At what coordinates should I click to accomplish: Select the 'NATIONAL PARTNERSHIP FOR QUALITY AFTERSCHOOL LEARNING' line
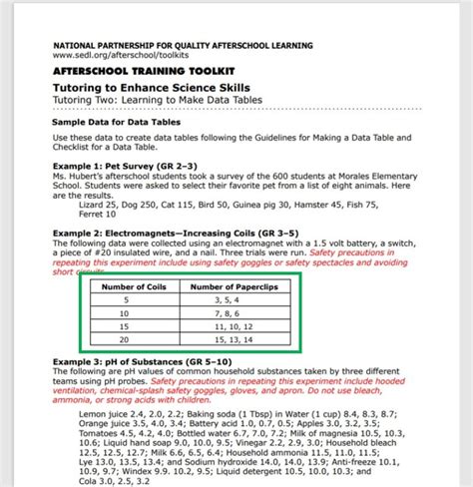point(183,46)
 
